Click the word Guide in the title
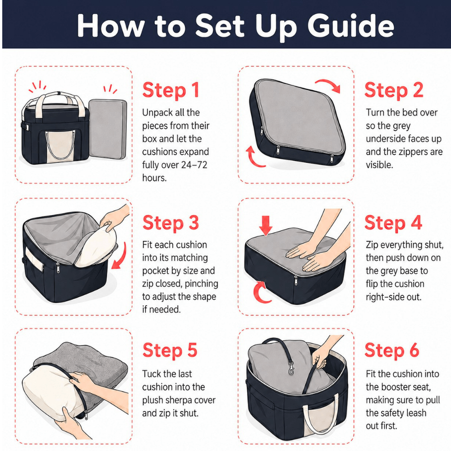tap(350, 26)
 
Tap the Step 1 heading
tap(171, 90)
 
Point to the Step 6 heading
tap(392, 350)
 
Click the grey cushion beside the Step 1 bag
tap(108, 129)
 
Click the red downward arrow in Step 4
tap(266, 225)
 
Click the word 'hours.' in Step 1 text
tap(154, 178)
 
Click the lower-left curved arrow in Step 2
tap(254, 157)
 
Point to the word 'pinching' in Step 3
tap(201, 284)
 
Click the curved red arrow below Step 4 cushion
tap(262, 292)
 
